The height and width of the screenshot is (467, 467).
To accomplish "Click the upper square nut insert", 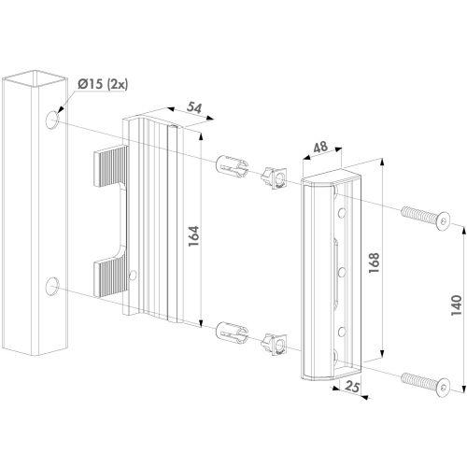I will click(275, 177).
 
